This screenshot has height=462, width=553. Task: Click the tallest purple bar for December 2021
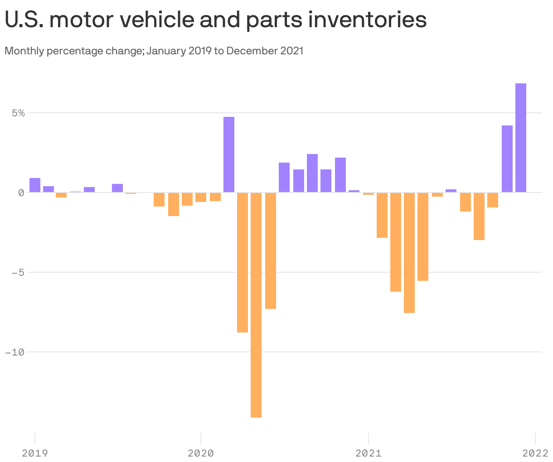520,138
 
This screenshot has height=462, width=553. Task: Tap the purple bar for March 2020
229,154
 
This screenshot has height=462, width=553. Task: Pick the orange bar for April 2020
243,262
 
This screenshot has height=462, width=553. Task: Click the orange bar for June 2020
271,250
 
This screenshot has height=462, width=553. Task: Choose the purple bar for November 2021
507,159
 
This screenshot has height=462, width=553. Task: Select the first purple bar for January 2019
35,185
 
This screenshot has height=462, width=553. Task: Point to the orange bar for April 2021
409,252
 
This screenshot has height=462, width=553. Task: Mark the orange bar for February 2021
382,215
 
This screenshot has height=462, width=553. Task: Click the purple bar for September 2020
312,173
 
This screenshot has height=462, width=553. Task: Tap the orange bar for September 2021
479,216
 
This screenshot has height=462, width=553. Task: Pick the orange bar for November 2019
174,204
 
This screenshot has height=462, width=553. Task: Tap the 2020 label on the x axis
200,452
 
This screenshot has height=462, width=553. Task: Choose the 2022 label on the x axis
535,452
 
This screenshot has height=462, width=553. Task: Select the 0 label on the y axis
21,192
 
